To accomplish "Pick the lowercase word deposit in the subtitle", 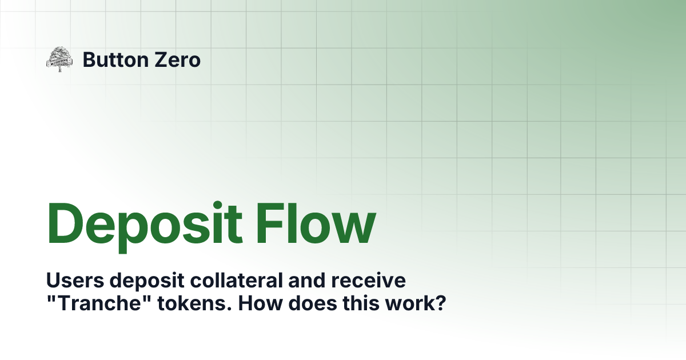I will [138, 282].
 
